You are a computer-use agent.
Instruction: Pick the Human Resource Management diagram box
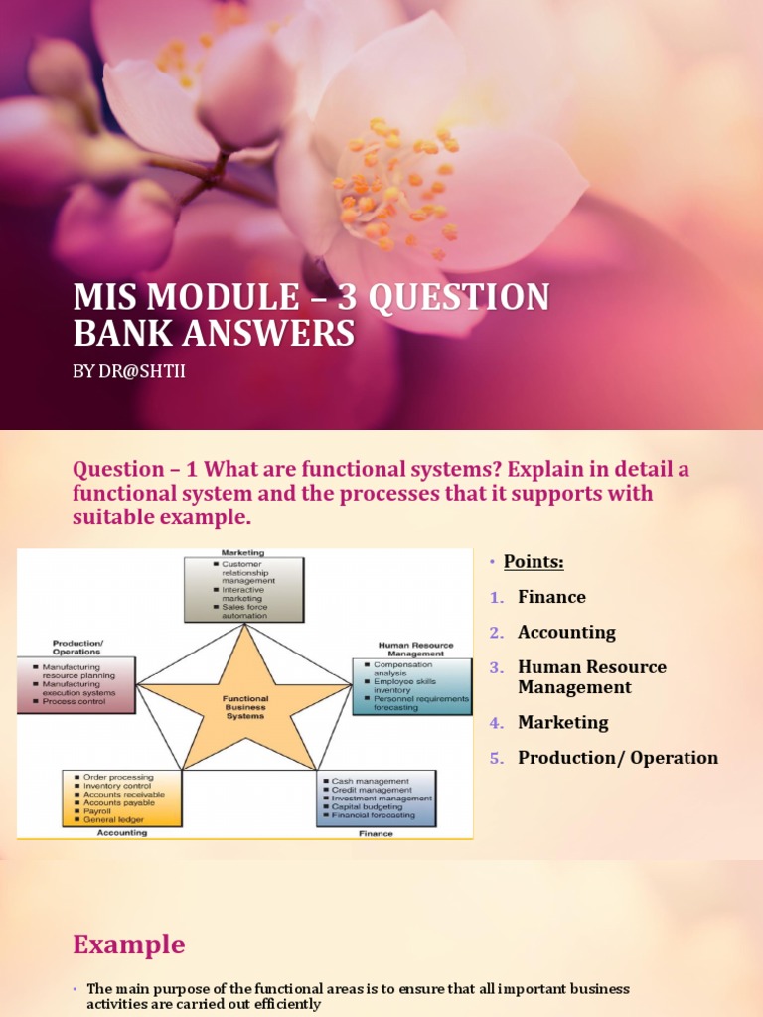click(x=411, y=686)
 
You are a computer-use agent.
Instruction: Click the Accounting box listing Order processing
click(x=122, y=798)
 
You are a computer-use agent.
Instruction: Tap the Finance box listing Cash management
click(x=376, y=799)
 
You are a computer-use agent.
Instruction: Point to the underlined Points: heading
click(x=534, y=562)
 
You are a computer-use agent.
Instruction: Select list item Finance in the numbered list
click(x=551, y=597)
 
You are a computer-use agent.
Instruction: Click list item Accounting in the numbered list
click(x=566, y=632)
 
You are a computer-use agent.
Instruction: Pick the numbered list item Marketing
click(x=562, y=722)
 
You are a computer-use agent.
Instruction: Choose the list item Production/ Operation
click(x=617, y=757)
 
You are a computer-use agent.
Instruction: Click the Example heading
click(x=130, y=944)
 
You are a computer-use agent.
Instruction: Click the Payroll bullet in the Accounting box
click(x=101, y=811)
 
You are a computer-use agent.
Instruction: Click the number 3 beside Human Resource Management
click(x=496, y=667)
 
